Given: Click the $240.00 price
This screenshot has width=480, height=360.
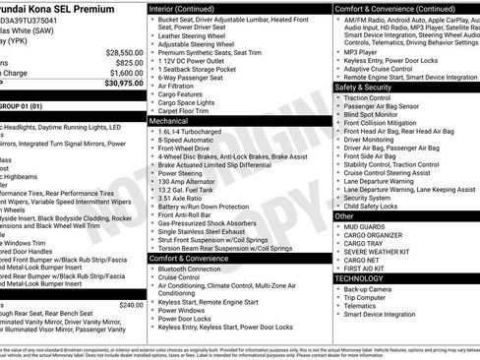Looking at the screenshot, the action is pos(131,305).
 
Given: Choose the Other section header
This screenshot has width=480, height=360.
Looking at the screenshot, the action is pos(345,215).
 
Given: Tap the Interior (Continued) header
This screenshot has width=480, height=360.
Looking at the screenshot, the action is pos(189,8).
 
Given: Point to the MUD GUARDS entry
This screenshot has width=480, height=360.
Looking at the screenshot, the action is pos(367,226).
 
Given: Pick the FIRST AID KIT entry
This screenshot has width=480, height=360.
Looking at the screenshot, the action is pos(370,269).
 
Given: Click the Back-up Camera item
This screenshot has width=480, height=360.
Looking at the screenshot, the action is pos(370,289).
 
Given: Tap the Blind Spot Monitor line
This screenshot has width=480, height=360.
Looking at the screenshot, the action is pos(372,115).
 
